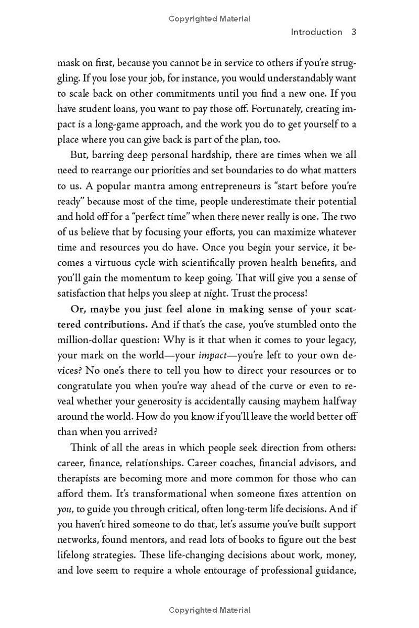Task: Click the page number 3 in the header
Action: coord(354,32)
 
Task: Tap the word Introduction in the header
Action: coord(316,32)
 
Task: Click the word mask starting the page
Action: coord(69,64)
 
